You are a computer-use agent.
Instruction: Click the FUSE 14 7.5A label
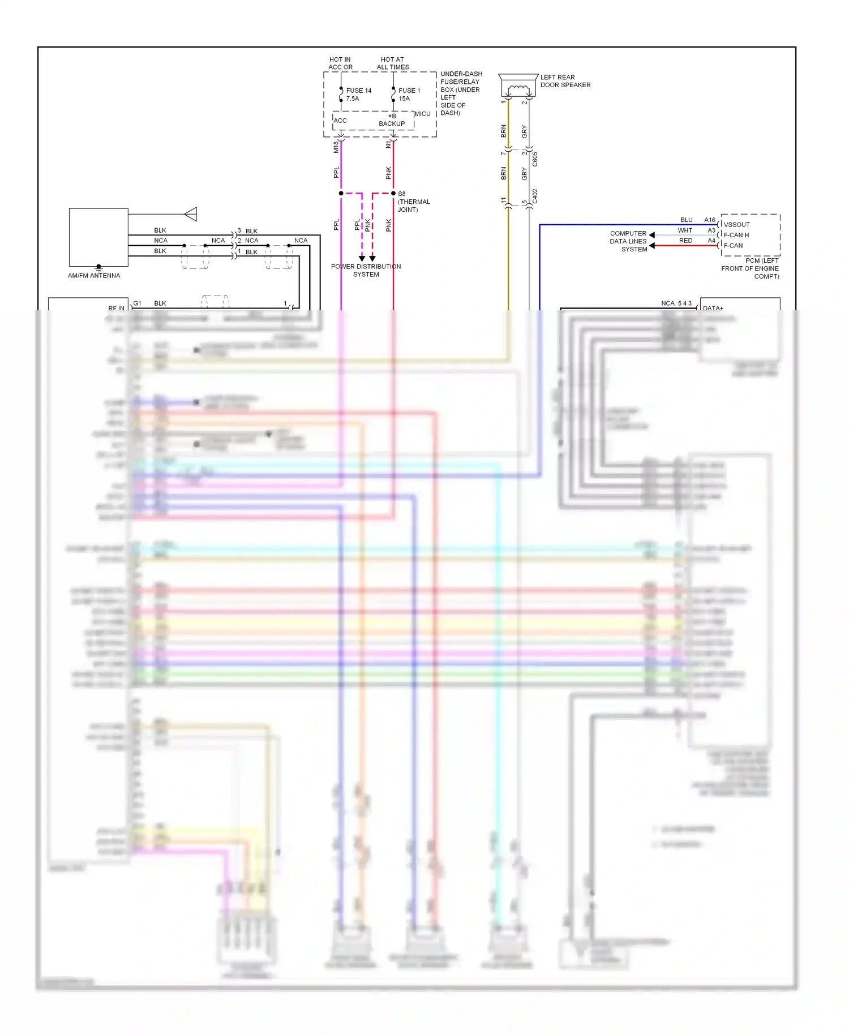[x=358, y=95]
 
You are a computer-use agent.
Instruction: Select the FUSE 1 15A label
[x=409, y=95]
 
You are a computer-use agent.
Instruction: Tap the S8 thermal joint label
[x=413, y=202]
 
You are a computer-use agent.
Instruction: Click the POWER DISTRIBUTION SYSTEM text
[x=366, y=270]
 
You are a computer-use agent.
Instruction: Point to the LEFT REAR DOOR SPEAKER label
[x=565, y=81]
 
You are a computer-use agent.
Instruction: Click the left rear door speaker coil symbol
[x=518, y=89]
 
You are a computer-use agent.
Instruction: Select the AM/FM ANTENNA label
[x=94, y=276]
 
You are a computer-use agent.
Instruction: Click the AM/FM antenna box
[x=98, y=237]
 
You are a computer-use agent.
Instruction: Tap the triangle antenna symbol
[x=191, y=214]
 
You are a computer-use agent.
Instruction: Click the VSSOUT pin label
[x=736, y=224]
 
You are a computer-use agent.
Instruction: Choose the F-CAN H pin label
[x=736, y=235]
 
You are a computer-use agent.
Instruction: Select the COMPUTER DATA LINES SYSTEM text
[x=628, y=241]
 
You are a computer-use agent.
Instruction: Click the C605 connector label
[x=535, y=159]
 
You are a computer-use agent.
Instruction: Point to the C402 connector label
[x=535, y=196]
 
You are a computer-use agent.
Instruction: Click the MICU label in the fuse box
[x=422, y=114]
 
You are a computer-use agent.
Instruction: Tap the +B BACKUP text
[x=392, y=119]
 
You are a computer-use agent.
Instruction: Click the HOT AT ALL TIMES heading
[x=393, y=63]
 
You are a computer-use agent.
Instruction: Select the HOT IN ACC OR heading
[x=340, y=63]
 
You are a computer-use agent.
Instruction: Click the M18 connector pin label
[x=336, y=147]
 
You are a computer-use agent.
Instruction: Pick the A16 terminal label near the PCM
[x=710, y=220]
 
